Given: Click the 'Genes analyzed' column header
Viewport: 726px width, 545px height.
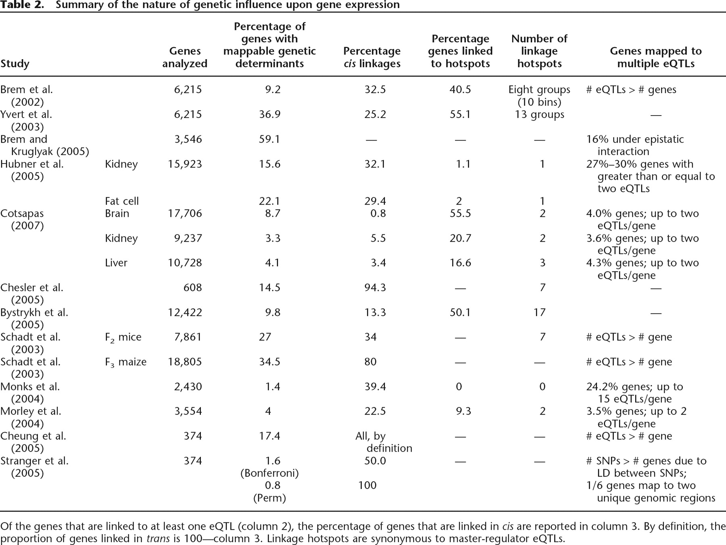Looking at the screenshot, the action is (185, 57).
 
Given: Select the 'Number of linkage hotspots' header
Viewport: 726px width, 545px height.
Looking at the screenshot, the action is (539, 51).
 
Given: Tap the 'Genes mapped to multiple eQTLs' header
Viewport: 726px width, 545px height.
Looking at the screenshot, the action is (656, 57).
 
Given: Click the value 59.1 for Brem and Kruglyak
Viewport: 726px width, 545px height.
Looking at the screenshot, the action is (269, 139).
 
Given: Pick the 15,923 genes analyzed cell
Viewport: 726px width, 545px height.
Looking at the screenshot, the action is (185, 164).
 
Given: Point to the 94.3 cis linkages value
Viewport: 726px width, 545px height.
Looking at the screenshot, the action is (375, 288).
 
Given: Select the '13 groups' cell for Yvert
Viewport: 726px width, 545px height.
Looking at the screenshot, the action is (539, 115).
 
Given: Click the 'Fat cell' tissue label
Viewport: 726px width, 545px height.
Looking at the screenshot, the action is (122, 201).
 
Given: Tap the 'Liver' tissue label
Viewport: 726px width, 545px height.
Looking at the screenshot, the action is (116, 263).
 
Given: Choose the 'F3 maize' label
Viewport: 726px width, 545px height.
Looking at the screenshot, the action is (126, 362).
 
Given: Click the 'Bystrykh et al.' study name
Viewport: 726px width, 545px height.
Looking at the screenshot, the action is (34, 313).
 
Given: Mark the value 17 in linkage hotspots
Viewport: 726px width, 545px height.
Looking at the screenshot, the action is (540, 313).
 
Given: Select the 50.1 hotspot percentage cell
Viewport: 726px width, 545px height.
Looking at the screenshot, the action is (460, 313).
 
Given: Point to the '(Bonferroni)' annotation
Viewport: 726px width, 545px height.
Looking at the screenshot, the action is (269, 473).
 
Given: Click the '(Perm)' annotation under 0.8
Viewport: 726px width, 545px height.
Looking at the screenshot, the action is (269, 498).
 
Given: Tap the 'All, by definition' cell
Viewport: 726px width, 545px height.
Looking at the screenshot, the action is (384, 442).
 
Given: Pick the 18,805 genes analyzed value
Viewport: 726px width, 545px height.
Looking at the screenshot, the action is (185, 362).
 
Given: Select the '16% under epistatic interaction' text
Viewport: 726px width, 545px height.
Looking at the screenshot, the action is (635, 145).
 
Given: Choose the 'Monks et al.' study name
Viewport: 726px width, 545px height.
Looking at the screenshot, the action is (30, 387).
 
